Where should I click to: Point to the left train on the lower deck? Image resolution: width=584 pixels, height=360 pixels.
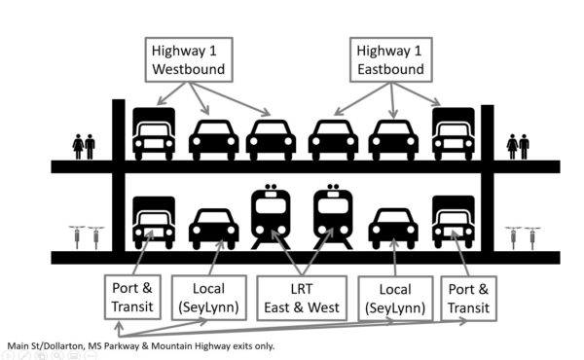tap(270, 217)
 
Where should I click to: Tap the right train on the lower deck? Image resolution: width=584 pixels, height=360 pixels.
tap(331, 217)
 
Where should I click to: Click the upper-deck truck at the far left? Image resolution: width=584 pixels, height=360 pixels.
tap(154, 133)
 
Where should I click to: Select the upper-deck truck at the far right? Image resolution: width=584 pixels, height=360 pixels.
tap(454, 133)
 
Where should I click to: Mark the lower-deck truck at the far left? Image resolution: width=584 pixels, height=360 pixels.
tap(154, 223)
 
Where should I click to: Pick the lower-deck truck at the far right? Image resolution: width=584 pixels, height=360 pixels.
tap(454, 223)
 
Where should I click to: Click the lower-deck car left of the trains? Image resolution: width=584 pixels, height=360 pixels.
tap(213, 229)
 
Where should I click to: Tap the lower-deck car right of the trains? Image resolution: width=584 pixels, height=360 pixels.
tap(392, 229)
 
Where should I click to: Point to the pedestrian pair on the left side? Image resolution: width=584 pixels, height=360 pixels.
tap(84, 147)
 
